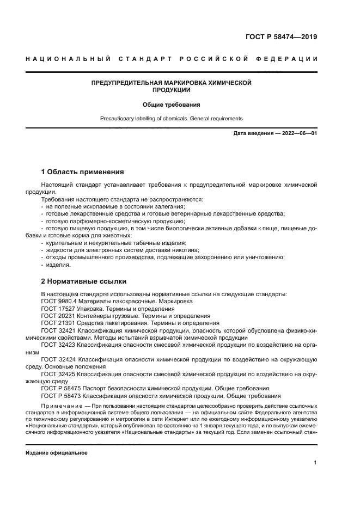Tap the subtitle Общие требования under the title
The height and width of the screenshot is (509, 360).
171,104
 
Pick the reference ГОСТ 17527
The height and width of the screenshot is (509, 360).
58,308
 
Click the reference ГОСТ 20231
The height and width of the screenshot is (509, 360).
58,315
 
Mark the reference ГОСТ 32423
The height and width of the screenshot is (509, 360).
58,345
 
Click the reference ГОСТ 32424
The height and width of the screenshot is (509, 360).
58,359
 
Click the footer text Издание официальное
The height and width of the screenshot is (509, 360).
57,453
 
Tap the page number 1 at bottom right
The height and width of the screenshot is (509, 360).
315,462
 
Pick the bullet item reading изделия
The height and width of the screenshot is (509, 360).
58,265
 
